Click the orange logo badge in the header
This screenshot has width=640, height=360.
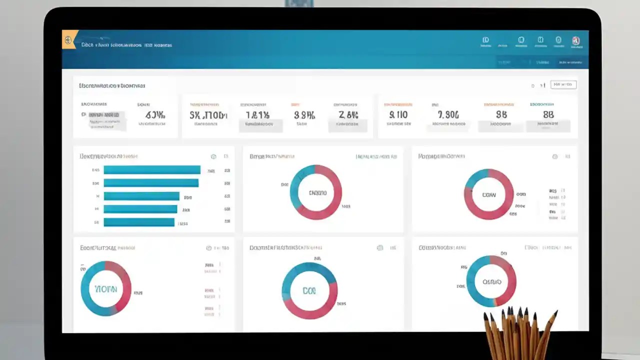[x=69, y=39]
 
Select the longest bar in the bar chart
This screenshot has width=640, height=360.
[x=152, y=170]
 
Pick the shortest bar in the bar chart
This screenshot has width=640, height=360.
[x=139, y=222]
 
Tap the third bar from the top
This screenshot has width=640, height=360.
[x=141, y=196]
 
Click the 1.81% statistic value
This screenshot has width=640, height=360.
[x=257, y=115]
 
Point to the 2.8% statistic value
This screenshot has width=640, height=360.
[x=348, y=115]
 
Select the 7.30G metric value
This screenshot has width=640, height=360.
[x=445, y=114]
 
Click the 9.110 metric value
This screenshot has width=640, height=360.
[x=398, y=114]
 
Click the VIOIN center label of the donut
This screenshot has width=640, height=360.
[x=105, y=289]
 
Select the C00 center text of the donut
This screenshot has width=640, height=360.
[x=309, y=290]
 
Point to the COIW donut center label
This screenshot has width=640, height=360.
[x=488, y=194]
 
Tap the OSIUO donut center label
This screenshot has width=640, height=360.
[x=491, y=281]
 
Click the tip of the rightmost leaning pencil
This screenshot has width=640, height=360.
[x=555, y=313]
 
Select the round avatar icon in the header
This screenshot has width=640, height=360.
[x=575, y=40]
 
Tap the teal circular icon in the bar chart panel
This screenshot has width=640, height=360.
[x=213, y=156]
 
